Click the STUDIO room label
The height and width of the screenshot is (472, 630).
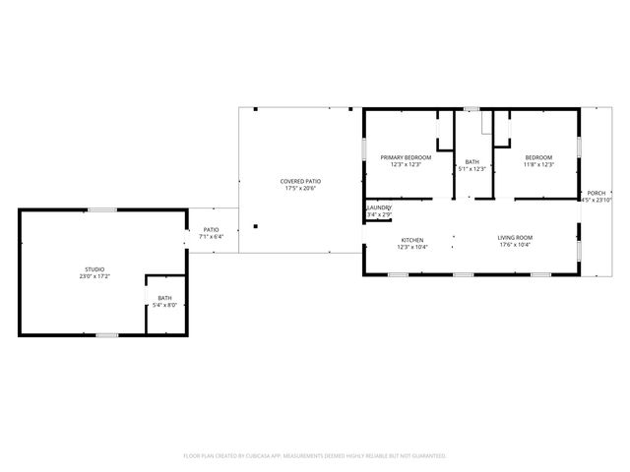point(94,268)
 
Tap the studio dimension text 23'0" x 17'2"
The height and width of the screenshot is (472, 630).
point(94,276)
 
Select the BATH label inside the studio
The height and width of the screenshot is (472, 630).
point(164,298)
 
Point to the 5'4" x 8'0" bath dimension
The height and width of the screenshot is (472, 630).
point(164,306)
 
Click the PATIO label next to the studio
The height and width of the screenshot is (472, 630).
point(212,229)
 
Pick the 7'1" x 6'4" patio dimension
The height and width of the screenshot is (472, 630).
point(212,237)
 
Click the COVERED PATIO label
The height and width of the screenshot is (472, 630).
point(300,181)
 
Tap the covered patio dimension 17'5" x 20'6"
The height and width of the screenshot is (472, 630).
point(300,189)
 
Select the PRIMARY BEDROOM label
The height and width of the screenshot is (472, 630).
point(406,157)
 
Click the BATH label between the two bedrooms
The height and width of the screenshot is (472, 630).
point(472,162)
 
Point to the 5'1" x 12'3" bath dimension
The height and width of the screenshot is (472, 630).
point(472,169)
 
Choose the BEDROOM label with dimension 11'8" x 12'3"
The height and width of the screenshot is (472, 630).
point(538,157)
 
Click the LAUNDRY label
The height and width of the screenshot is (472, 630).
point(379,207)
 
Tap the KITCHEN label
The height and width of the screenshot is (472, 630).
point(411,239)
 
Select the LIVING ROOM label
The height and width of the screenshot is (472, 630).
point(514,238)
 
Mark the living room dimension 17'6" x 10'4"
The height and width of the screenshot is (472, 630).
point(514,246)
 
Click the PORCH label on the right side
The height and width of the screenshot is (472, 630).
point(597,193)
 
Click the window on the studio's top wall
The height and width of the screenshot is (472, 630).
point(101,209)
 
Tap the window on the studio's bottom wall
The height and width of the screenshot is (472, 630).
point(106,335)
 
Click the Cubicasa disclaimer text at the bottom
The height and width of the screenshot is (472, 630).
point(315,456)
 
